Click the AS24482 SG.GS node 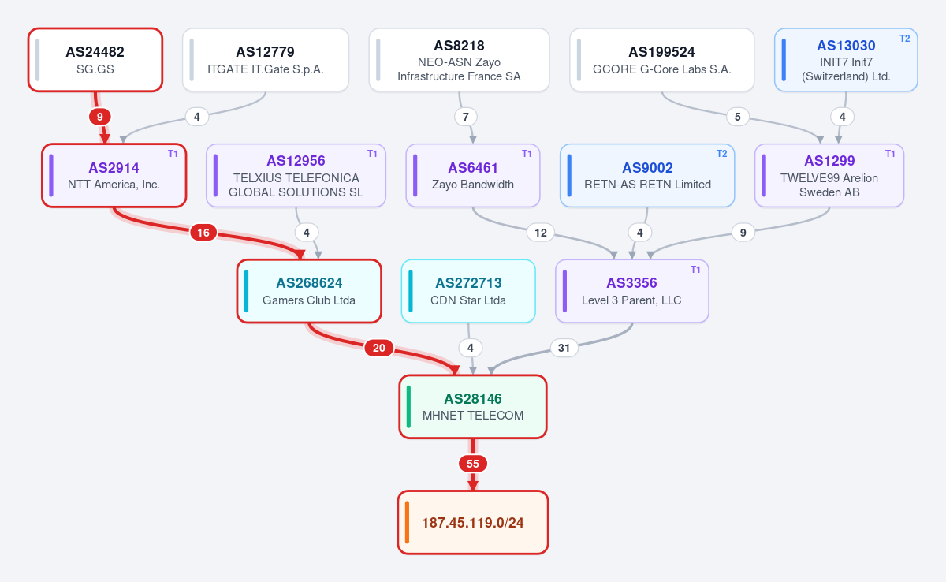[95, 60]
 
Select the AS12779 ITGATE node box [266, 60]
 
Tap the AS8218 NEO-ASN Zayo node [459, 60]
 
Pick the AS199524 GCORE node [661, 60]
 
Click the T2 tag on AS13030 [905, 39]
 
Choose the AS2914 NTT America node [114, 175]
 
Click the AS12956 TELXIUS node [296, 175]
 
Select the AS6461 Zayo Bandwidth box [473, 175]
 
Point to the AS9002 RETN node [647, 175]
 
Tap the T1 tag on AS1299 [890, 154]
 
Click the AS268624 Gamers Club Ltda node [309, 291]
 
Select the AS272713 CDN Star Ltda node [468, 291]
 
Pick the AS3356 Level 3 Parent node [631, 291]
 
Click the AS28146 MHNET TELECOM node [473, 407]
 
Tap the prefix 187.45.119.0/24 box [473, 522]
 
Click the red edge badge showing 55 [473, 464]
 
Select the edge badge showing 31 [564, 348]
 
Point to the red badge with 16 [203, 233]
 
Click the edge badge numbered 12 [541, 233]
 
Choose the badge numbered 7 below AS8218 [466, 117]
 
